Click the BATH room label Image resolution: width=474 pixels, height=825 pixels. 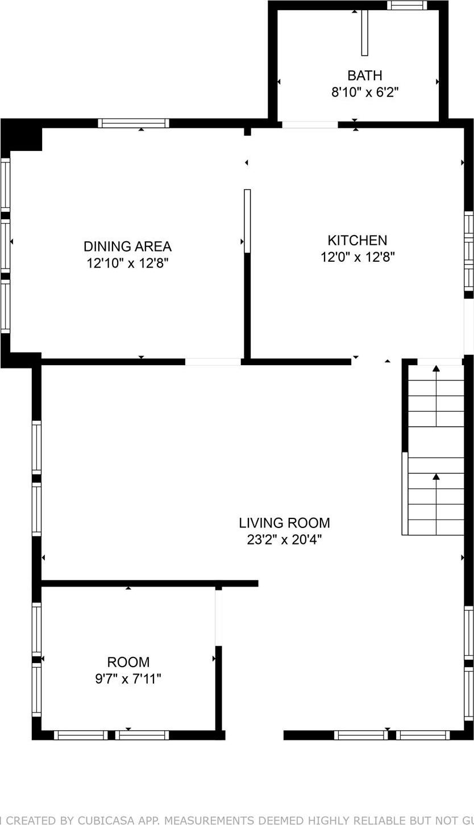[364, 76]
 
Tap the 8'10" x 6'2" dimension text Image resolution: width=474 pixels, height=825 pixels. [364, 92]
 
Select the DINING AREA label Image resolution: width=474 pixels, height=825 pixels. [127, 246]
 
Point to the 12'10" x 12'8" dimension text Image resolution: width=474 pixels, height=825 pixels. [127, 263]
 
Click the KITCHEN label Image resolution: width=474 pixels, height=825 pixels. [357, 240]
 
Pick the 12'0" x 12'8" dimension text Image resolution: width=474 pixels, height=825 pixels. [357, 257]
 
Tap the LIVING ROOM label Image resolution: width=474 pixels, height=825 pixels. [284, 522]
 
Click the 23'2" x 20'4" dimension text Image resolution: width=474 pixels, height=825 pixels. [284, 539]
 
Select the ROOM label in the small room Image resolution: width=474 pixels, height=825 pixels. [128, 662]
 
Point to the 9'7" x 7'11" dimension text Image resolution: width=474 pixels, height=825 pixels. [128, 679]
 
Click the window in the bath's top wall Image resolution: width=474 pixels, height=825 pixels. [407, 6]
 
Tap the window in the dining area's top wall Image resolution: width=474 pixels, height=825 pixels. [134, 123]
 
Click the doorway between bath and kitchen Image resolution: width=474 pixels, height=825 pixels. [310, 124]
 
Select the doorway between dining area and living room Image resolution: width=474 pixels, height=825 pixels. [213, 362]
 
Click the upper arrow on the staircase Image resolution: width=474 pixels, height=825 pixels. [436, 369]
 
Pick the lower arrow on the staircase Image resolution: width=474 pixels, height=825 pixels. [436, 477]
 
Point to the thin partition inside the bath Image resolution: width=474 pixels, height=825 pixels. [364, 32]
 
